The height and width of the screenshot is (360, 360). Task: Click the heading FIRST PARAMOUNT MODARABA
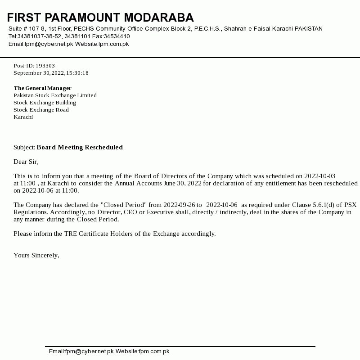pos(100,18)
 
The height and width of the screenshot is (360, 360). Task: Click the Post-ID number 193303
pos(45,66)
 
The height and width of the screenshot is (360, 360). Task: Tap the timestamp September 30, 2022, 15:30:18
pos(51,73)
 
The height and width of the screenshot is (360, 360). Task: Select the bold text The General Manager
pos(42,88)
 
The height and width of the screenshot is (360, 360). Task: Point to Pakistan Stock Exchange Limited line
pos(55,95)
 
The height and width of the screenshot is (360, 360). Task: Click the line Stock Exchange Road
pos(41,110)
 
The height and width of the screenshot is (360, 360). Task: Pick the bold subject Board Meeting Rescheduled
pos(80,147)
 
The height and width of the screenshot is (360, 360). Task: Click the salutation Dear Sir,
pos(26,162)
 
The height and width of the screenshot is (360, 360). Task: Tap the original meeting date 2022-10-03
pos(320,176)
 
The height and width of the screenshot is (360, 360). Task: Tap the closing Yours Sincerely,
pos(36,255)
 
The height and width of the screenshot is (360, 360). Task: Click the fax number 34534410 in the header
pos(117,36)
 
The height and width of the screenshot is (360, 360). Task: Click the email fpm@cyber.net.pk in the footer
pos(89,351)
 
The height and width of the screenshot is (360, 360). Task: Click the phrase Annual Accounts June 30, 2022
pos(158,183)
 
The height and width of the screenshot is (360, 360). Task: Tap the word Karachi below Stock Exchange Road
pos(23,117)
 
